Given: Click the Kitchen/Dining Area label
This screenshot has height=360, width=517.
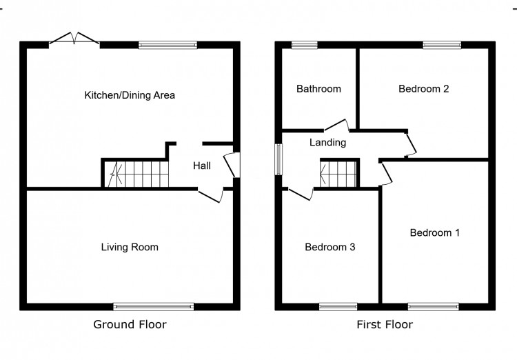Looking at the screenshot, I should click(129, 95).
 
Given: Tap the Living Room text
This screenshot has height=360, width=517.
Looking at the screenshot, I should click(130, 247).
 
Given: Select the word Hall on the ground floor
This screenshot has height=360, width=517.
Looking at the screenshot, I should click(201, 166).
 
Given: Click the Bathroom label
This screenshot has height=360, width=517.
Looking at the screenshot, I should click(318, 89).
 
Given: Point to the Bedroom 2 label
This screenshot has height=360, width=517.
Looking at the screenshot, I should click(424, 89).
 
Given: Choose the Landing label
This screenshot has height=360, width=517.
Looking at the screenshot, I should click(327, 143).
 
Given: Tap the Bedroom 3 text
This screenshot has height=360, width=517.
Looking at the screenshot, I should click(330, 247).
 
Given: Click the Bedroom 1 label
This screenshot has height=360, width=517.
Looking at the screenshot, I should click(434, 233).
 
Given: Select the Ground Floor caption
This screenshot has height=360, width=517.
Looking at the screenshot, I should click(130, 324).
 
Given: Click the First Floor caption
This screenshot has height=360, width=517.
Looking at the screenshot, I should click(385, 324).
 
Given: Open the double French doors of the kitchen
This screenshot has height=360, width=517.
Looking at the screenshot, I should click(74, 40).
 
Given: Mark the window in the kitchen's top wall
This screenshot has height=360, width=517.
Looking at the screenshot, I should click(167, 46).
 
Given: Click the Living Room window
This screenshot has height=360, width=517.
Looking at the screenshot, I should click(154, 306).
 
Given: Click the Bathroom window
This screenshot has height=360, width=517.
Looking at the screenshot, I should click(304, 46).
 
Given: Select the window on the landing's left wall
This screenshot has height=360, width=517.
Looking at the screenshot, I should click(279, 160).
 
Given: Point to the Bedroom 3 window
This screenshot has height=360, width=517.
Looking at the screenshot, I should click(338, 306).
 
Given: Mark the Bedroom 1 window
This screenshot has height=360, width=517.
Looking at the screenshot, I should click(433, 306).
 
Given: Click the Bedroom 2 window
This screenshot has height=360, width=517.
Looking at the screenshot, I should click(442, 46).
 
